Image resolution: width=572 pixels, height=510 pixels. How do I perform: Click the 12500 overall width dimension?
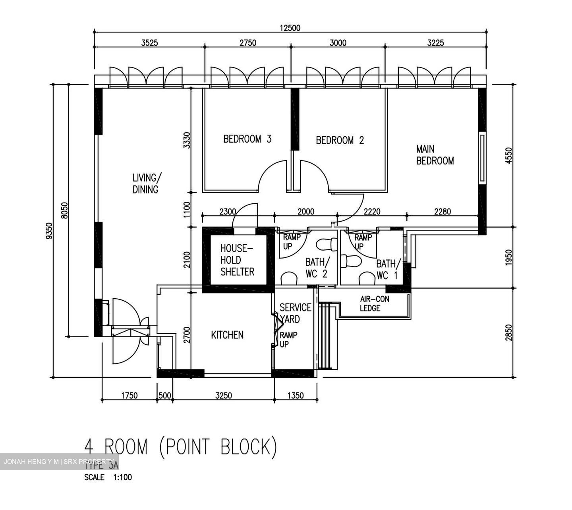click(x=290, y=28)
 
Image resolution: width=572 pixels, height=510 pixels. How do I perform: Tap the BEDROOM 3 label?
click(x=247, y=139)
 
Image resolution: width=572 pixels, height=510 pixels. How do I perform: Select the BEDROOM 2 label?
click(x=340, y=140)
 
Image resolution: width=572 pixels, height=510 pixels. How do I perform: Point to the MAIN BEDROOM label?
click(x=435, y=155)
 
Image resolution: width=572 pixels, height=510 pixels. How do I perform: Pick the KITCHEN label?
click(x=227, y=335)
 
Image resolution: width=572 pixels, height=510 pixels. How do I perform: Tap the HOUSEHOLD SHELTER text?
click(x=237, y=260)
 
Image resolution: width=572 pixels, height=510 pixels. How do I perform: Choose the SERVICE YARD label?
click(x=295, y=313)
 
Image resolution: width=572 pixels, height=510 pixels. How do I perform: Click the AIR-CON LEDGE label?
click(x=374, y=304)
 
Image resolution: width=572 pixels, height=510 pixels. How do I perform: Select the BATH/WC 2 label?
click(x=317, y=268)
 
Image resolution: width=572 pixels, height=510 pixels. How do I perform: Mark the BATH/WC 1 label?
click(x=388, y=269)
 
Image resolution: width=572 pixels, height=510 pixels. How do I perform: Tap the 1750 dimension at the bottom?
click(x=129, y=396)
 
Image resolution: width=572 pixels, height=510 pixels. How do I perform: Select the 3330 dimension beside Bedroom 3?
click(x=187, y=141)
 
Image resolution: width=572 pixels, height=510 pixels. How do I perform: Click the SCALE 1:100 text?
click(x=108, y=477)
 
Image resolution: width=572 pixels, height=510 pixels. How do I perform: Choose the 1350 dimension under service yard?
click(x=295, y=396)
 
